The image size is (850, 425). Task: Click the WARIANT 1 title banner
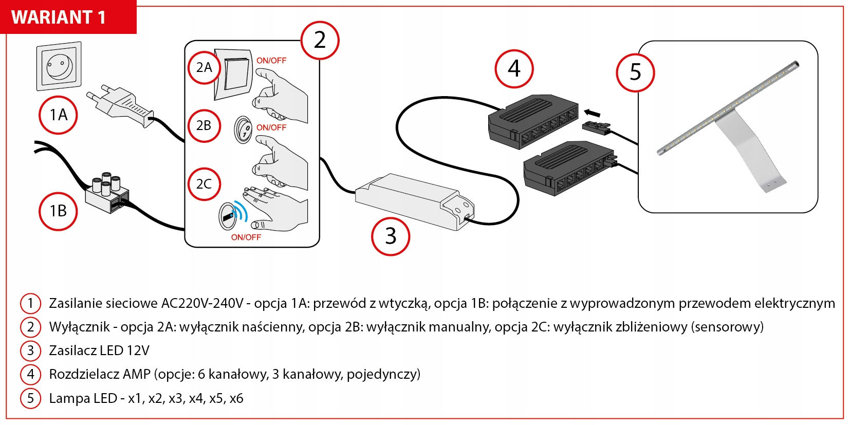[68, 17]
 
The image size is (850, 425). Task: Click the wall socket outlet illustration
[59, 66]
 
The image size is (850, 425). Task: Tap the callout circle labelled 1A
[58, 115]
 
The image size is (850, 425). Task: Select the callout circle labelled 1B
[58, 211]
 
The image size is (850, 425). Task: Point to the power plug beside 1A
[121, 105]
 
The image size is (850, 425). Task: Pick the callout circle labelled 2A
[204, 68]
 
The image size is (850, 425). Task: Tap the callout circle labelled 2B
[204, 125]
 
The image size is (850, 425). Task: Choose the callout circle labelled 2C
[204, 184]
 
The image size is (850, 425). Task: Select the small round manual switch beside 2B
[243, 129]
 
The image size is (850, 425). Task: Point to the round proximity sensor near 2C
[228, 216]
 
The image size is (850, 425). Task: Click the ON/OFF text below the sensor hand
[246, 237]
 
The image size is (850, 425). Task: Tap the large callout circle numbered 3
[391, 236]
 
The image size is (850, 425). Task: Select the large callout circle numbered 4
[514, 69]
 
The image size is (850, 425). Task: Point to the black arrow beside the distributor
[592, 113]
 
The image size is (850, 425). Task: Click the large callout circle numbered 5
[635, 72]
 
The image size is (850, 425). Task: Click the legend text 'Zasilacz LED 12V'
[99, 350]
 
